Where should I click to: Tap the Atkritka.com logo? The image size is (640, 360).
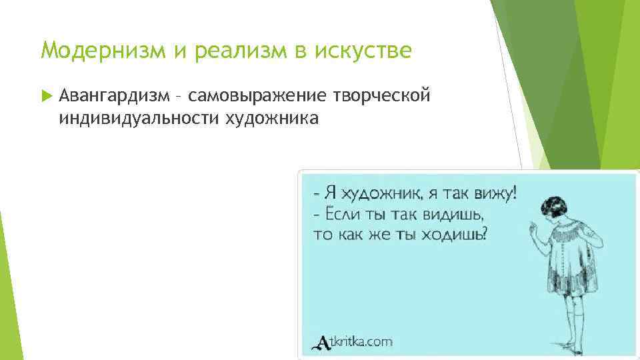point(353,342)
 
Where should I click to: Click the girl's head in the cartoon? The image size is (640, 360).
point(556,207)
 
